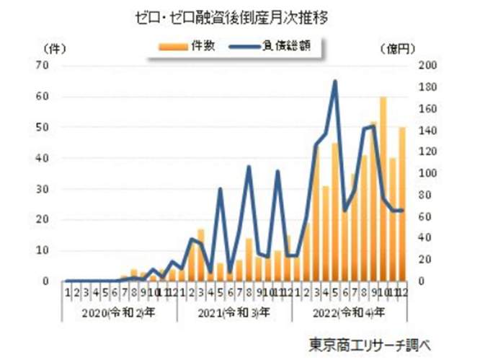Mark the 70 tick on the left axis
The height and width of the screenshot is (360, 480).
(x=43, y=66)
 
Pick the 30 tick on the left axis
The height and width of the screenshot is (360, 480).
(x=43, y=189)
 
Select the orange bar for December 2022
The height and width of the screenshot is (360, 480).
(x=401, y=204)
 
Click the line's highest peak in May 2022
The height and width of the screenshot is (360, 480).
(x=335, y=82)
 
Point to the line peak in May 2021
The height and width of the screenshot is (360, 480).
(x=221, y=189)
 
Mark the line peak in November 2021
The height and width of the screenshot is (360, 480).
(x=277, y=171)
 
